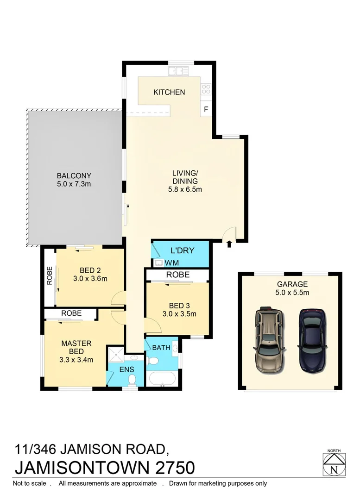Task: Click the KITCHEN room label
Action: tap(169, 92)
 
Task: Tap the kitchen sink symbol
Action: tap(178, 71)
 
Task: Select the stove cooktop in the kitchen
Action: tap(206, 89)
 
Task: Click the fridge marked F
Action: tap(206, 110)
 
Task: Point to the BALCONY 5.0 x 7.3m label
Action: tap(74, 180)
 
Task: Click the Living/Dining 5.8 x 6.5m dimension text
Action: tap(185, 189)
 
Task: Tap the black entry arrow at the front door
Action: tap(229, 244)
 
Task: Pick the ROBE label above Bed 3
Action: tap(178, 275)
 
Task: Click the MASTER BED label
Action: tap(76, 347)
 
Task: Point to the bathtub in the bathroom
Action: tap(162, 379)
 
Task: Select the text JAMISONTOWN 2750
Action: tap(105, 467)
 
